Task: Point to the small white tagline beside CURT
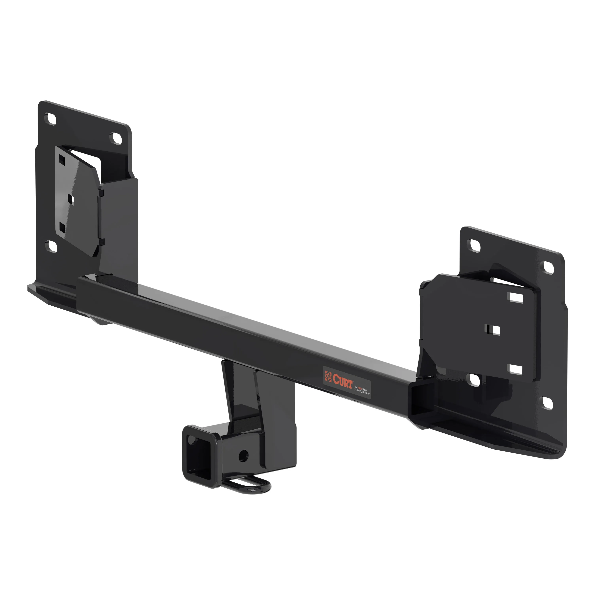[x=362, y=390]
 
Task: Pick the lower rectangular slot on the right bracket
[x=516, y=370]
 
